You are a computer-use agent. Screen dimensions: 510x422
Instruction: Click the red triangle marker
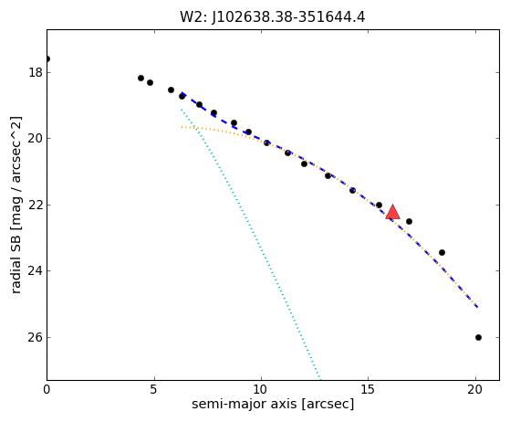point(392,212)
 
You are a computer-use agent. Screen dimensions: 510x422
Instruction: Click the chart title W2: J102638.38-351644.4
point(273,17)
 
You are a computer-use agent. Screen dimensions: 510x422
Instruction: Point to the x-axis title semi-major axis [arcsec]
point(273,404)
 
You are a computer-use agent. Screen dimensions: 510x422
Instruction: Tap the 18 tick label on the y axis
point(36,72)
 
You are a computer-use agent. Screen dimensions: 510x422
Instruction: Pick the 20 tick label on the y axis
point(36,139)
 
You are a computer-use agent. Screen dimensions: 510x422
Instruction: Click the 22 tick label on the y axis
point(36,205)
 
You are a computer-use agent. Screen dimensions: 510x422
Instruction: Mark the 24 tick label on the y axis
point(36,270)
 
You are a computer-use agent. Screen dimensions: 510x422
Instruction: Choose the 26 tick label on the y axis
point(36,337)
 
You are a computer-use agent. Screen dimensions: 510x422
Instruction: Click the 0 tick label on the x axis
point(47,389)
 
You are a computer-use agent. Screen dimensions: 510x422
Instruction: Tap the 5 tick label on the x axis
point(154,389)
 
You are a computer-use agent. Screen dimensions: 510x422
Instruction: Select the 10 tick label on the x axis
point(261,389)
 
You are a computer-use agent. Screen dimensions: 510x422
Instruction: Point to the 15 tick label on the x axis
point(369,389)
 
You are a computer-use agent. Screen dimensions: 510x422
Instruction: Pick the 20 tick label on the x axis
point(475,389)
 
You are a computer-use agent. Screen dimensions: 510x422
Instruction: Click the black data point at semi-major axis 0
point(47,59)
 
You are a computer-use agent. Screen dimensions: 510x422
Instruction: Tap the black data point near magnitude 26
point(478,337)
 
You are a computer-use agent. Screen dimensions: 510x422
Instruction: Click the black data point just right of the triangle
point(409,221)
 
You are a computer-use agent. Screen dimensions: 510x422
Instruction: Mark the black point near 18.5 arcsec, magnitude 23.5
point(442,252)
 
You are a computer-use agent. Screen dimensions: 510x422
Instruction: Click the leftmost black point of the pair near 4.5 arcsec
point(141,79)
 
